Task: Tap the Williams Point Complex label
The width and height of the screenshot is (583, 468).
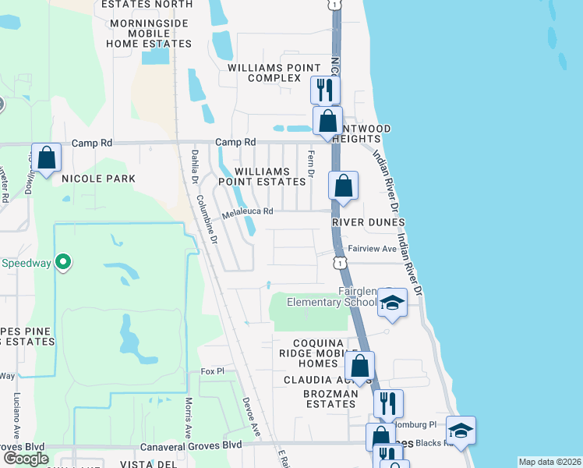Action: tap(263, 73)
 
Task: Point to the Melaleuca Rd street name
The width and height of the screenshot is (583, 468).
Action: tap(247, 211)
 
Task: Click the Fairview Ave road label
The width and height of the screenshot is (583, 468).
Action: tap(372, 249)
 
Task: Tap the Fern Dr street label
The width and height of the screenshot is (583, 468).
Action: tap(310, 163)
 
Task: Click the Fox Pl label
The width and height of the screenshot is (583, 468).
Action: tap(212, 371)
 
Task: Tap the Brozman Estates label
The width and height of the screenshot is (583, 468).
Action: tap(330, 399)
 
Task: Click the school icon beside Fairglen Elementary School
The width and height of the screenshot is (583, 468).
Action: tap(392, 303)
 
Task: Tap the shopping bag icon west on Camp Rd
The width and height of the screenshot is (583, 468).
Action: tap(47, 157)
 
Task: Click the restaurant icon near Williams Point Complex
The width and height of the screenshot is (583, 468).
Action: tap(325, 90)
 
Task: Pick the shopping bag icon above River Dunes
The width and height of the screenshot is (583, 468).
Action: tap(343, 186)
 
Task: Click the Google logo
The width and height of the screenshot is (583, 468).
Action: tap(26, 459)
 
